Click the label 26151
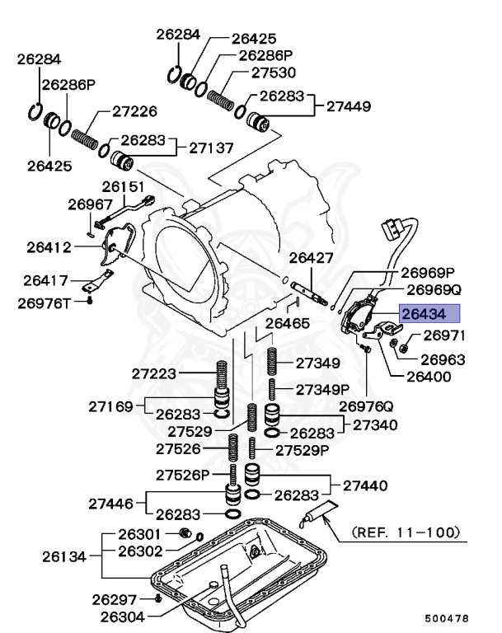(x=124, y=187)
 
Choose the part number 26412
(x=49, y=246)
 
